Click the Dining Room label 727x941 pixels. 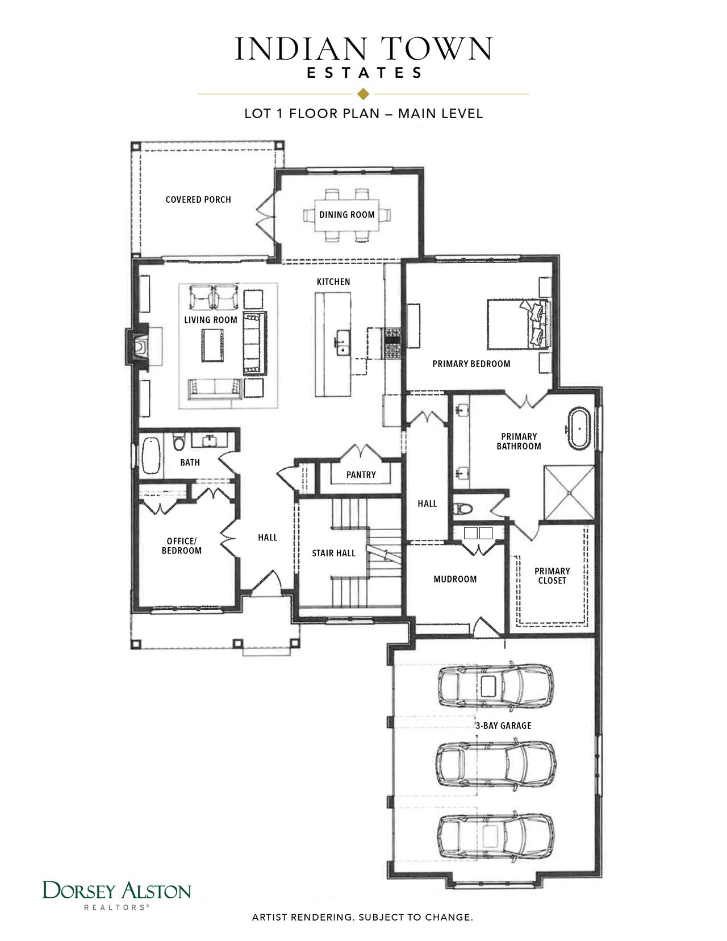(x=346, y=215)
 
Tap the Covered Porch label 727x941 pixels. (x=198, y=199)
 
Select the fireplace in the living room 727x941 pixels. (x=137, y=347)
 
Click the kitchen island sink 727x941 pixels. (x=343, y=343)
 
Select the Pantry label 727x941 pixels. (x=361, y=474)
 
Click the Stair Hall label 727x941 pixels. (x=333, y=553)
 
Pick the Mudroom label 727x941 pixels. (x=455, y=579)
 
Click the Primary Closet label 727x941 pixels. (x=552, y=576)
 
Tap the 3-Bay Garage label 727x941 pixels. (x=503, y=725)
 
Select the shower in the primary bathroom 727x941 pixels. (x=569, y=492)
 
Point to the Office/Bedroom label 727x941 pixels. (x=181, y=546)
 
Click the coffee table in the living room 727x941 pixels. (x=212, y=345)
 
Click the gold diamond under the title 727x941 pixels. (x=363, y=94)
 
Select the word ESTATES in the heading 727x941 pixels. (x=364, y=73)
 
